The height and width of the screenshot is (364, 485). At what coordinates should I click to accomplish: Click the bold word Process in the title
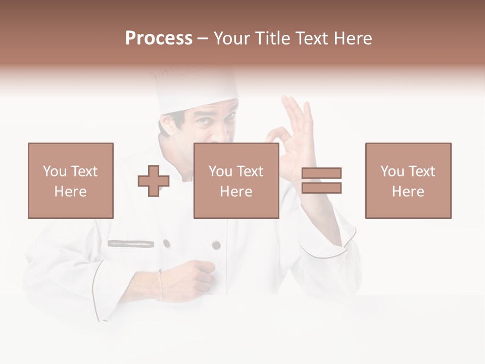point(159,38)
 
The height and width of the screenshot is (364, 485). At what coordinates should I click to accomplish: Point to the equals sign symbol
point(322,180)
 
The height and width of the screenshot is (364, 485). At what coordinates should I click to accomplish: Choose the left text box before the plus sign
point(71,180)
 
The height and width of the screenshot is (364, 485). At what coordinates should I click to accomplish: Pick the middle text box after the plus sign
point(236,180)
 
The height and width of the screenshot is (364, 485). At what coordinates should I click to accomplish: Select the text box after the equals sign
point(408,180)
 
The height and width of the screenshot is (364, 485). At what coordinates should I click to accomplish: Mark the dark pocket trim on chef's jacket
point(131,244)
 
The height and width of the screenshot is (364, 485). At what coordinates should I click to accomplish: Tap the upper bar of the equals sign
point(322,173)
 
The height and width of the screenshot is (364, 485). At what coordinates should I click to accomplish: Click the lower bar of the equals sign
point(322,188)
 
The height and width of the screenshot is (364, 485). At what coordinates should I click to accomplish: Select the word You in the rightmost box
point(392,171)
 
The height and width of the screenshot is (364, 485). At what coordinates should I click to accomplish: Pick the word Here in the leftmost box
point(71,192)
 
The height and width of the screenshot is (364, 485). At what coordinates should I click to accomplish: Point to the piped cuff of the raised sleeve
point(328,245)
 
